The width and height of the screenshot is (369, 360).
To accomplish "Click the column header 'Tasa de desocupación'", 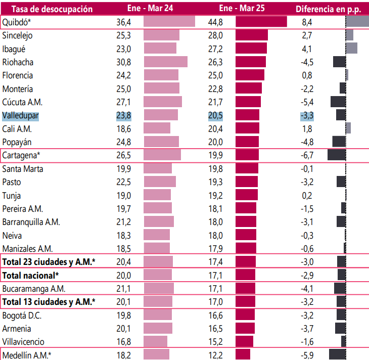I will (45, 9).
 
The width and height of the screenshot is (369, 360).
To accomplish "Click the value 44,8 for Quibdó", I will (215, 22).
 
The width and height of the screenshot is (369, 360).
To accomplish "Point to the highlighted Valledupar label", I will (21, 115).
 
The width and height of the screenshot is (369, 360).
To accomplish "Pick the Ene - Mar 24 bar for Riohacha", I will (165, 62).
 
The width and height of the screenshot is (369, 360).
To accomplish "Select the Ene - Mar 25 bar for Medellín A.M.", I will (243, 354).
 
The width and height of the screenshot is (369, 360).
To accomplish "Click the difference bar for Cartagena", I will (337, 155).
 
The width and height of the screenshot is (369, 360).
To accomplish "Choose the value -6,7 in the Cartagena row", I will (307, 155).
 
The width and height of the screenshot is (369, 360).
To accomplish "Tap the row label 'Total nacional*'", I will (31, 275).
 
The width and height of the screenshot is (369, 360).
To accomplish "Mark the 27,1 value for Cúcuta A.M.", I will (123, 102).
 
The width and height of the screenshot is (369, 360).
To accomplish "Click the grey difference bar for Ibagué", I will (352, 49).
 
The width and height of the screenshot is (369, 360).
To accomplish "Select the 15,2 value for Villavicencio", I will (215, 341).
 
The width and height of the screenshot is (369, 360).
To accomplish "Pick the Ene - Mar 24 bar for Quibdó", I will (169, 22).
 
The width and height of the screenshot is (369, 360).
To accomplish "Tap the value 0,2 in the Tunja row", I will (307, 195).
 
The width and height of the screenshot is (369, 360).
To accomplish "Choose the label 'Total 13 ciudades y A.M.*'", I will (49, 302).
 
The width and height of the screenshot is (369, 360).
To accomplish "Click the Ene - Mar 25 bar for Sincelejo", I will (252, 35).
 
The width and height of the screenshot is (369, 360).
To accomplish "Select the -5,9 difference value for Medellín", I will (307, 354).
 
